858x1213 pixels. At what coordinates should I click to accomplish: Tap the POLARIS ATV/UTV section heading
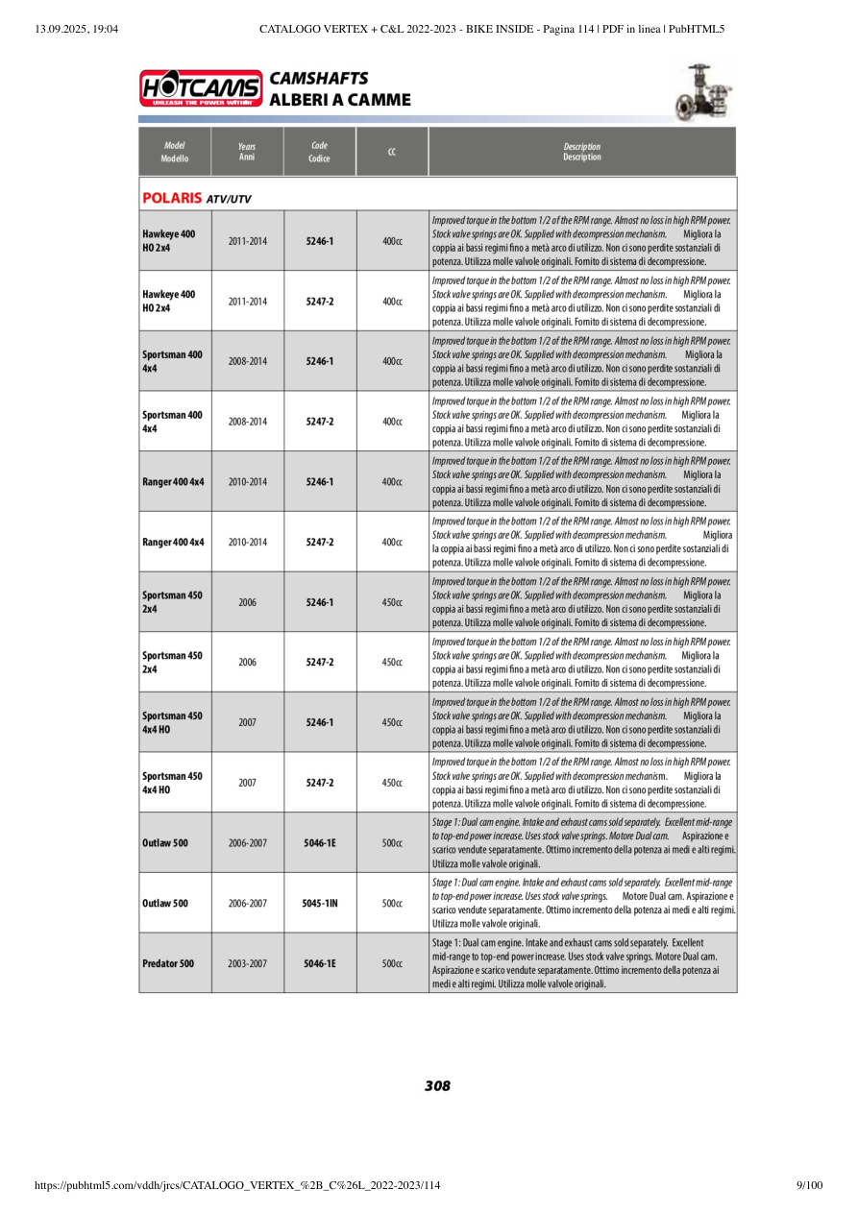click(x=197, y=199)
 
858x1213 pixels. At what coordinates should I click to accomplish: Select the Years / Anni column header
click(x=247, y=152)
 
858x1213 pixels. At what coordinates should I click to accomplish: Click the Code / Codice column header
click(x=319, y=152)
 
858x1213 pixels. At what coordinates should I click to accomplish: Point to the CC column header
click(x=392, y=152)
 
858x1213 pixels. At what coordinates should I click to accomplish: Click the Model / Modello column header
click(x=175, y=152)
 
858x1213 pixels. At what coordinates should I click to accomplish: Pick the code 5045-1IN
click(x=319, y=903)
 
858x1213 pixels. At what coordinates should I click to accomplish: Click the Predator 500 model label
click(x=168, y=963)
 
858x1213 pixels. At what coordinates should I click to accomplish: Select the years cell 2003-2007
click(x=247, y=963)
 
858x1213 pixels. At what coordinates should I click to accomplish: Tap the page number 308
click(x=437, y=1086)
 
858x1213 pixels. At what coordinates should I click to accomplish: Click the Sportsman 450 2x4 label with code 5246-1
click(x=172, y=602)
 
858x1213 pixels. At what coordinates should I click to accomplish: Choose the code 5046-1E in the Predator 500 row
click(x=319, y=963)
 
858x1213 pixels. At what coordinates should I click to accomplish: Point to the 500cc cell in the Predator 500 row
click(x=392, y=963)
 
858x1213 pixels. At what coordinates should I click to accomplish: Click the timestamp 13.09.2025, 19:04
click(x=76, y=29)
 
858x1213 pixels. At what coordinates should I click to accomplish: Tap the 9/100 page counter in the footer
click(x=810, y=1186)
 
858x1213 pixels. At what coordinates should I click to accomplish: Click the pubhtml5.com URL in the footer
click(x=237, y=1186)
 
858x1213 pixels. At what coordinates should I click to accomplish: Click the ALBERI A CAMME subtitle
click(x=340, y=100)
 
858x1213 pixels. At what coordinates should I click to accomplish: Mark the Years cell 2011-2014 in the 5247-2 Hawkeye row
click(x=247, y=301)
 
